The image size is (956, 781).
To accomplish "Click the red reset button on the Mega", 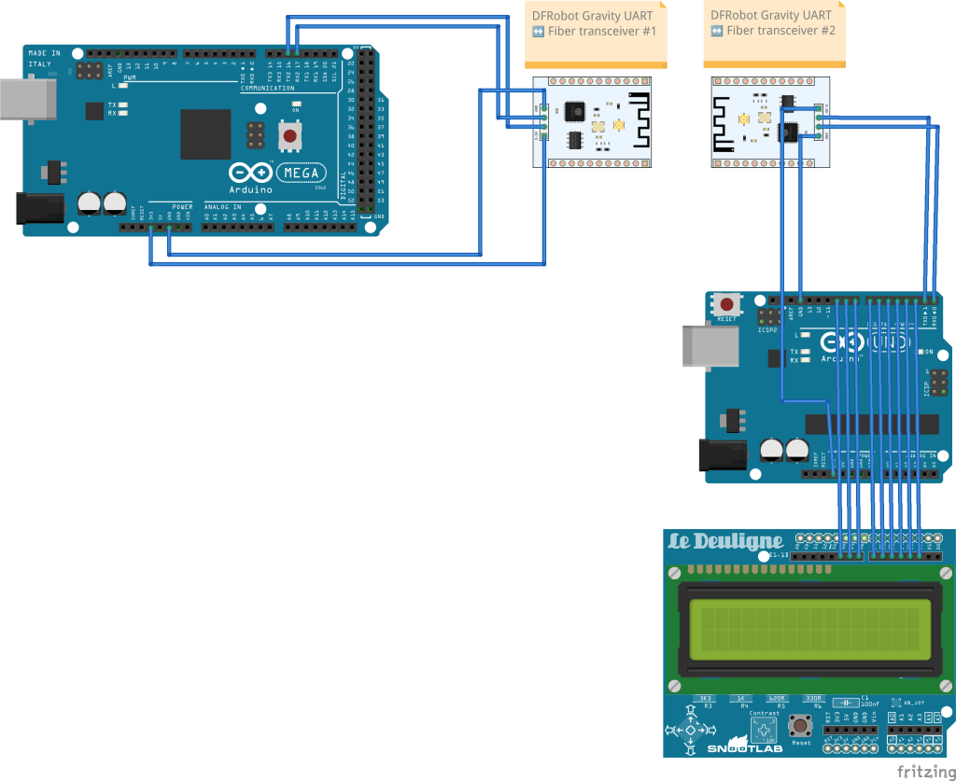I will coord(290,136).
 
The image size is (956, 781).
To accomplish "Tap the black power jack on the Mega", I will coord(40,208).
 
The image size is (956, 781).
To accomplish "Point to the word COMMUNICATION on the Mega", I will coord(268,89).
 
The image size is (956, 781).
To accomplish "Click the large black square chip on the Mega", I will coord(205,134).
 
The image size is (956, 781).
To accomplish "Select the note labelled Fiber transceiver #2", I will coord(774,33).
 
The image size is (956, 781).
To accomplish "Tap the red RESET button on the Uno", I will coord(725,304).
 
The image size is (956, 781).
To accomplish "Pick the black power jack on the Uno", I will coord(724,454).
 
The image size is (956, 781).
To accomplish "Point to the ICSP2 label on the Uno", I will coord(767,329).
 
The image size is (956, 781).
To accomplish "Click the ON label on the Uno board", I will coord(929,352).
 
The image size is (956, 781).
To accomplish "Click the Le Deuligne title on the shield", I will coord(725,542).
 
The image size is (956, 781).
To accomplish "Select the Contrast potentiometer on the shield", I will coord(764,731).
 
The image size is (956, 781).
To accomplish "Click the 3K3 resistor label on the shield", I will coord(707,698).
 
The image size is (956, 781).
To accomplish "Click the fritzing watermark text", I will coord(925,771).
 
